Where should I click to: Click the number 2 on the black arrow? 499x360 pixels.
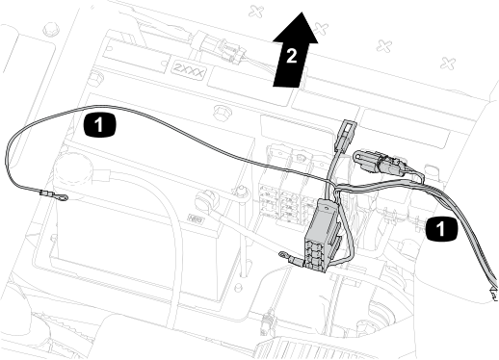point(291,56)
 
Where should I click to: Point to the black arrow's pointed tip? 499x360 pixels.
point(302,13)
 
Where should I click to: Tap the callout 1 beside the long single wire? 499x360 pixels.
point(99,124)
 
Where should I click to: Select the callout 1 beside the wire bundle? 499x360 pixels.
point(441,229)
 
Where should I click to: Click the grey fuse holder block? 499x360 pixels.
point(321,236)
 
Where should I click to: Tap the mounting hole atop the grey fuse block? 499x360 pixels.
point(328,208)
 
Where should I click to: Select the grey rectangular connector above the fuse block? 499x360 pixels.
point(344,135)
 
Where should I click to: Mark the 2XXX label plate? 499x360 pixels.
point(189,70)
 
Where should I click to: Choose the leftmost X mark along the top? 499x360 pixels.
point(256,12)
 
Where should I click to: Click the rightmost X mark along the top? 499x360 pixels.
point(448,63)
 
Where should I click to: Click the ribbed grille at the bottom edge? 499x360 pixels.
point(316,348)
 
